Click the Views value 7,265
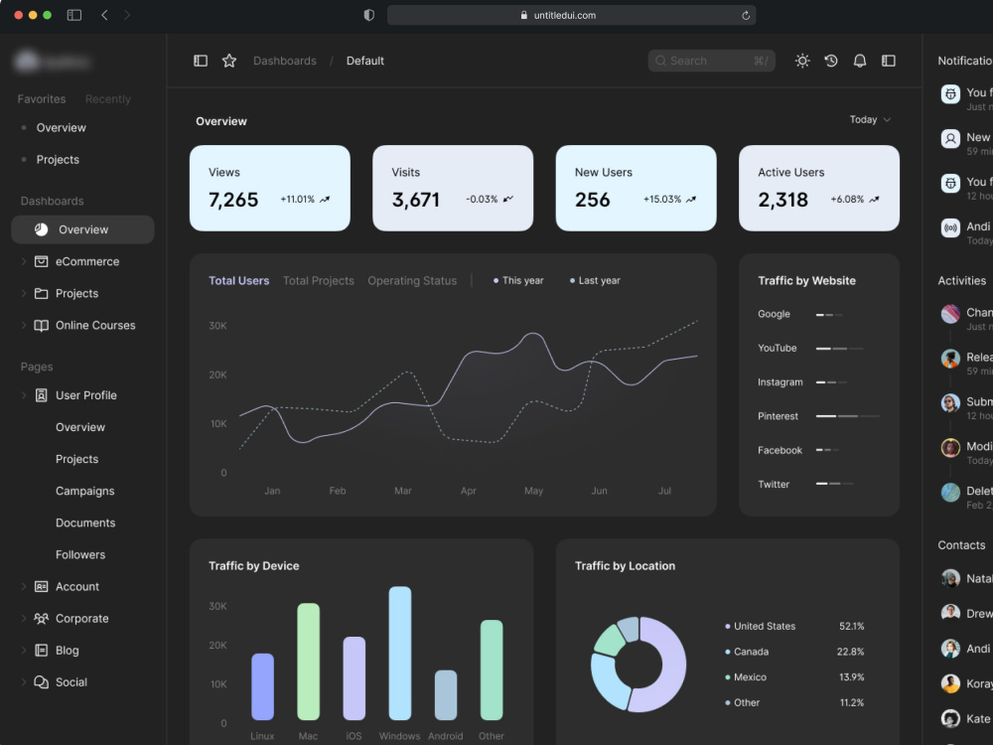coord(233,200)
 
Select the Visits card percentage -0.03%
coord(482,200)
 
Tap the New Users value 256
coord(593,200)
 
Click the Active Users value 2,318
coord(783,200)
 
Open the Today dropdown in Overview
coord(870,120)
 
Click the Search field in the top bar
coord(710,61)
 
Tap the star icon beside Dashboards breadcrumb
coord(229,61)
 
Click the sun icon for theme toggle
coord(802,61)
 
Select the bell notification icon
coord(860,61)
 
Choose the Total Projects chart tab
coord(318,281)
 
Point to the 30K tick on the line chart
coord(217,326)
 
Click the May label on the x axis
coord(533,491)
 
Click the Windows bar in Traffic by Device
coord(399,653)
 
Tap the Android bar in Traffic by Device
coord(446,695)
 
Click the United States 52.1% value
coord(851,627)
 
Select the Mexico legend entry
coord(750,677)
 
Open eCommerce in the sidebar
coord(87,262)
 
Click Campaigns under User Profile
coord(85,491)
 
